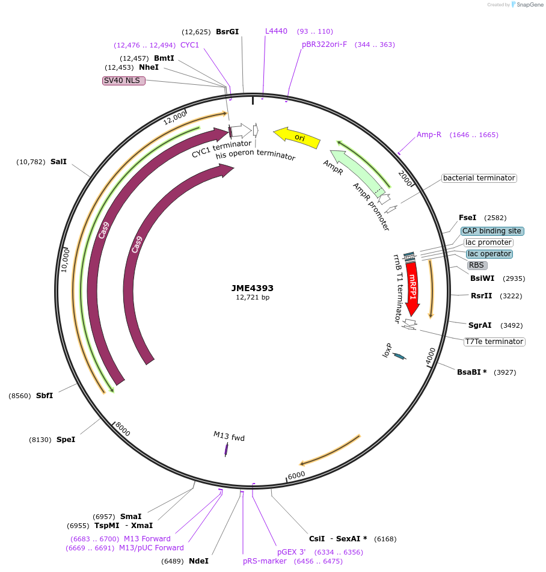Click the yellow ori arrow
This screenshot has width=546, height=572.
tap(297, 137)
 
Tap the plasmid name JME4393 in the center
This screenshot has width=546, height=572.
tap(253, 288)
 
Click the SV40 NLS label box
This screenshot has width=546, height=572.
tap(124, 80)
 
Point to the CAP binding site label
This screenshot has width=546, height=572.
tap(492, 231)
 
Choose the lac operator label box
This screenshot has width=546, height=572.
tap(489, 254)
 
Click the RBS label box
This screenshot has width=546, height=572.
tap(476, 265)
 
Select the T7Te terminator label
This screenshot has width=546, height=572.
tap(494, 342)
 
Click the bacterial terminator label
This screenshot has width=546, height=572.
tap(479, 178)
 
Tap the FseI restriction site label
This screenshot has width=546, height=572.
tap(467, 217)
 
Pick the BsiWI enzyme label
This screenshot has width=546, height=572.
tap(482, 278)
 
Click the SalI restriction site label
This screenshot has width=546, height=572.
tap(58, 162)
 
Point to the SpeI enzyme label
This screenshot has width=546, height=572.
tap(66, 440)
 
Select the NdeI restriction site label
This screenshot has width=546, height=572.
tap(198, 561)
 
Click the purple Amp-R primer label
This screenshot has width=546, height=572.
tap(429, 135)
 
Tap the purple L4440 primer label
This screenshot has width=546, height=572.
tap(277, 31)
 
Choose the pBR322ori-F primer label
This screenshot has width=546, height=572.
tap(325, 45)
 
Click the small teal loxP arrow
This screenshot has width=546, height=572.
tap(399, 356)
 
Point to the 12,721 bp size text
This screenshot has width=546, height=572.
tap(253, 297)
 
